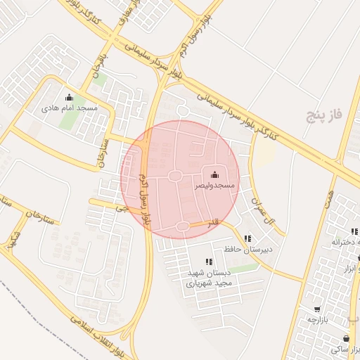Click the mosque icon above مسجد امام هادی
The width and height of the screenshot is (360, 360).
(x=69, y=98)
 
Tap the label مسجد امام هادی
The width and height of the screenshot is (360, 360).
(x=69, y=108)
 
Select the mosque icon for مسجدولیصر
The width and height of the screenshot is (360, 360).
(x=214, y=174)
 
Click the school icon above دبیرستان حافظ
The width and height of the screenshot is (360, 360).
(x=247, y=238)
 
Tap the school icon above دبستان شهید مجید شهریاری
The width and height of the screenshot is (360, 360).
(x=208, y=262)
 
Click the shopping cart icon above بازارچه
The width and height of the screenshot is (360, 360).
(x=318, y=309)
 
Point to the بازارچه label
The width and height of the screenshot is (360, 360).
(x=318, y=319)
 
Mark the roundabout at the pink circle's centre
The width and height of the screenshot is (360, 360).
(x=176, y=176)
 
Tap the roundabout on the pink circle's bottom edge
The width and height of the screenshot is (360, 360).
(x=184, y=226)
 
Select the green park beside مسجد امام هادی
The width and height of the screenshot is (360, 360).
(x=68, y=120)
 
